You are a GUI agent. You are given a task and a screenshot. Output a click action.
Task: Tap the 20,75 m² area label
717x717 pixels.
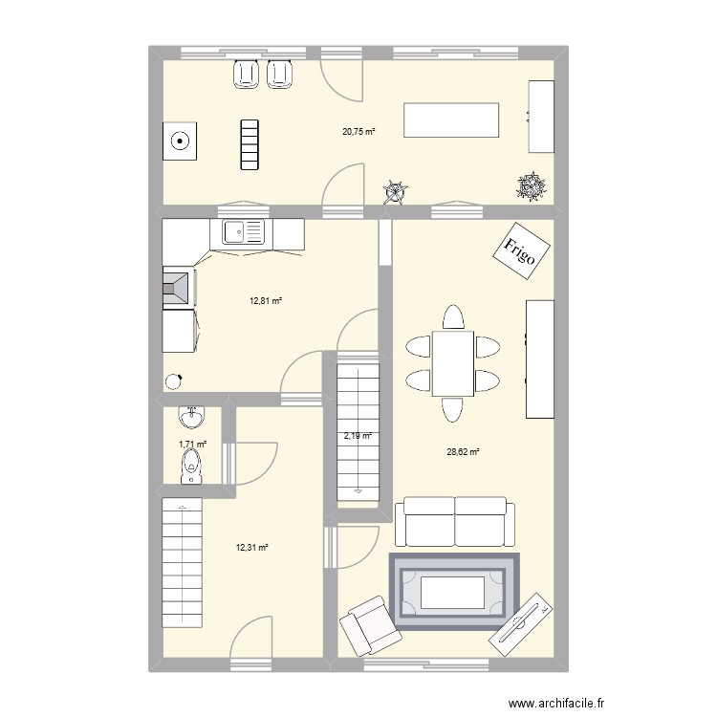click(x=359, y=132)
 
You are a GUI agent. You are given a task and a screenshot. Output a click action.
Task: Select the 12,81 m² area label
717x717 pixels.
click(x=267, y=301)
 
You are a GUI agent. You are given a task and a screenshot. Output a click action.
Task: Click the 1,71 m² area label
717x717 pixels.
click(x=193, y=445)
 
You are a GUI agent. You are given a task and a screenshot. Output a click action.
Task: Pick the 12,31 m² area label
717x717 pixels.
click(x=252, y=548)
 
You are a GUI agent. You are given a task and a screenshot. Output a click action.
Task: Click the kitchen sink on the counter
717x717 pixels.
click(x=243, y=231)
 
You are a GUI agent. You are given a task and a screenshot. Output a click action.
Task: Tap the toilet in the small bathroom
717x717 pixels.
click(x=190, y=466)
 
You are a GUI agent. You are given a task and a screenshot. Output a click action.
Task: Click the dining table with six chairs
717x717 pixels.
click(x=452, y=362)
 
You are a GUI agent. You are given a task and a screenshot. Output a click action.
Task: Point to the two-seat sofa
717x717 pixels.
click(x=454, y=521)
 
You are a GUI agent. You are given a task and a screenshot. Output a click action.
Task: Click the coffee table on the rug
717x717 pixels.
click(x=454, y=591)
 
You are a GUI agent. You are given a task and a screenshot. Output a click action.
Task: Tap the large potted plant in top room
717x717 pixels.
click(x=531, y=187)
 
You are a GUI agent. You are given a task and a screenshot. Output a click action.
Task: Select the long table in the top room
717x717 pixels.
click(x=452, y=121)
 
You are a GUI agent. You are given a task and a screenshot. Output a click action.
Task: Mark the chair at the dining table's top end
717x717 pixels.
click(x=452, y=316)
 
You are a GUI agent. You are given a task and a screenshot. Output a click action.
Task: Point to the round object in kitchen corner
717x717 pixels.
click(x=174, y=381)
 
